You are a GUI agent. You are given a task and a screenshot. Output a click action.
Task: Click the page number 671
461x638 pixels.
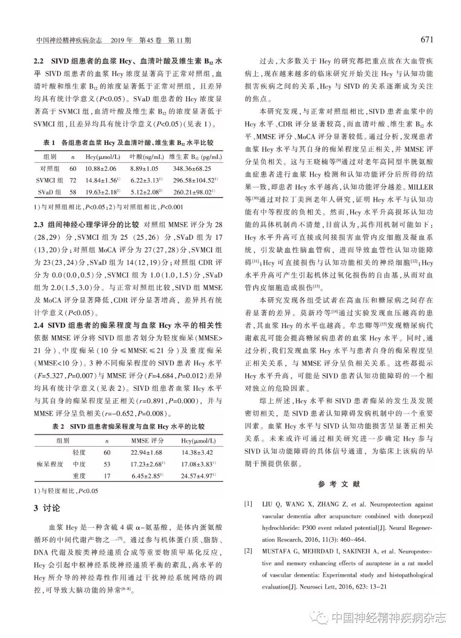click(426, 40)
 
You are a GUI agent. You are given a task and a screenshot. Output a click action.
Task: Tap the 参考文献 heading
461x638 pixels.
click(339, 484)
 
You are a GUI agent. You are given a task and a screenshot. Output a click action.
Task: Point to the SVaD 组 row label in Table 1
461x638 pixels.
click(50, 192)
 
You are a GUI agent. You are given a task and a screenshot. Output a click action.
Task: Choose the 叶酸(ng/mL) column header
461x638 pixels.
click(143, 157)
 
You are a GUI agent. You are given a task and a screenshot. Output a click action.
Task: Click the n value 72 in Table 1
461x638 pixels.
click(73, 181)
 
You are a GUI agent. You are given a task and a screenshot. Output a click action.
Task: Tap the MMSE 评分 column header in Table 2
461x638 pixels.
click(147, 441)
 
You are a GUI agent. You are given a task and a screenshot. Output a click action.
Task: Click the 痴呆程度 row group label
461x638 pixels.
click(50, 464)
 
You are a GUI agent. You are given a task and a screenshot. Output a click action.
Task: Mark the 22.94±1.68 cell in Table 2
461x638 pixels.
click(147, 453)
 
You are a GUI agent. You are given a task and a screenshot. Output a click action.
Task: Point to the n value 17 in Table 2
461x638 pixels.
click(107, 476)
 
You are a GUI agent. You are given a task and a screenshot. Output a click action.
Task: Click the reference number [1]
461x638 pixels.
click(248, 504)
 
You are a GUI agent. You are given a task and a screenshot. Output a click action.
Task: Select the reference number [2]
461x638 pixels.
click(248, 551)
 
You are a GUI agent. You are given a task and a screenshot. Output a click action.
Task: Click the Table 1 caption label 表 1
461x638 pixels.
click(50, 143)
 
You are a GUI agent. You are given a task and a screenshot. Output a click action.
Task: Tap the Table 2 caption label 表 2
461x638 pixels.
click(58, 426)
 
